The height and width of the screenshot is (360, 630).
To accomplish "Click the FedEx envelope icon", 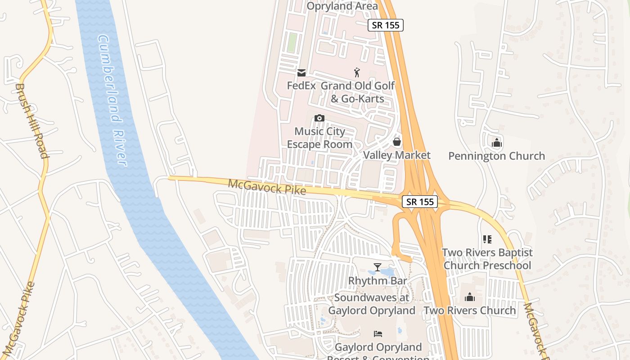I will pos(301,73).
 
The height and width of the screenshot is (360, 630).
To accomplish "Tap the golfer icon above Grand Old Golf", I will pos(357,72).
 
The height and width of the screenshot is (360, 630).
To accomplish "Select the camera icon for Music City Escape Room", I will pos(319,118).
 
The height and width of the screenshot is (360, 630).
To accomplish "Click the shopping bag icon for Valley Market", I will pos(397,142).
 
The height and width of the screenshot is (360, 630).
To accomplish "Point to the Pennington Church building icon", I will pos(497,143).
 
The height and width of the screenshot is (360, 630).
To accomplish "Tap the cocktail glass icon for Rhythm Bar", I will pos(378,267).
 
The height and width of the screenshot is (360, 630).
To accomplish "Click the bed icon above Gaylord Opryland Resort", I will pos(378,334).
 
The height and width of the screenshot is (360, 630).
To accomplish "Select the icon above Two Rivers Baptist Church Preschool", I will pos(487,239).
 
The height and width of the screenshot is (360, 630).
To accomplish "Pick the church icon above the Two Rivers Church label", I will pos(470,297).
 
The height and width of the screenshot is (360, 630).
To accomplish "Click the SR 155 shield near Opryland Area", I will pos(386,25).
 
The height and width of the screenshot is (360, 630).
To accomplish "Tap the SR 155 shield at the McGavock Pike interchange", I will pos(420,202).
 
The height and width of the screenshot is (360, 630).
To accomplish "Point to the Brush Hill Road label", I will pos(32,121).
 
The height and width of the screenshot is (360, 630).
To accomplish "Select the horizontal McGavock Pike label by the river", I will pos(267,187).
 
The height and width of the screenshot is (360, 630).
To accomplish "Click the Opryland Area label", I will pos(342,6).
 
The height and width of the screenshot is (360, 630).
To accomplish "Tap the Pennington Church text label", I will pos(496,156).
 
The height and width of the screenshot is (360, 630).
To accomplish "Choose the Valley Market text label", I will pos(396,155).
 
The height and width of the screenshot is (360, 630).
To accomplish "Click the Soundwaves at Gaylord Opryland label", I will pos(372,304).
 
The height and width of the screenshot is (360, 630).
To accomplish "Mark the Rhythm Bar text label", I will pos(378,281).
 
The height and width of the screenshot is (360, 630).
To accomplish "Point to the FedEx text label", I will pos(301,85).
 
